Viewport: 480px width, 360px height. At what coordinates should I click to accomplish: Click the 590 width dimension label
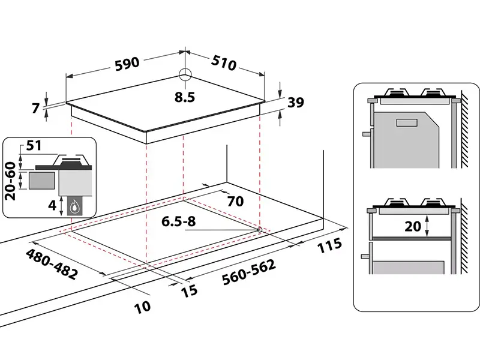point(127,62)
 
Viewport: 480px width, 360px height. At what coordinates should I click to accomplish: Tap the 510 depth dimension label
point(224,62)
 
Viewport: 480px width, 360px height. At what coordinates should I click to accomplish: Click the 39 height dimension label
point(295,103)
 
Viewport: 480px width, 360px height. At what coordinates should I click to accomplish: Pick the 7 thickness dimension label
point(36,109)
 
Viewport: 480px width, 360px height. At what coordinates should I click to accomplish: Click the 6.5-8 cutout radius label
point(178,221)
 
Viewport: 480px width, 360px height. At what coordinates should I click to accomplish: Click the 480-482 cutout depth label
point(51,265)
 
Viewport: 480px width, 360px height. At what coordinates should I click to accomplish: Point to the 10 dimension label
point(142,307)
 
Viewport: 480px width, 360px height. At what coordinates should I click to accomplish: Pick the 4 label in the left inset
point(52,205)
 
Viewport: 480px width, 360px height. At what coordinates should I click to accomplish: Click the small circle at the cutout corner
point(259,229)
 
